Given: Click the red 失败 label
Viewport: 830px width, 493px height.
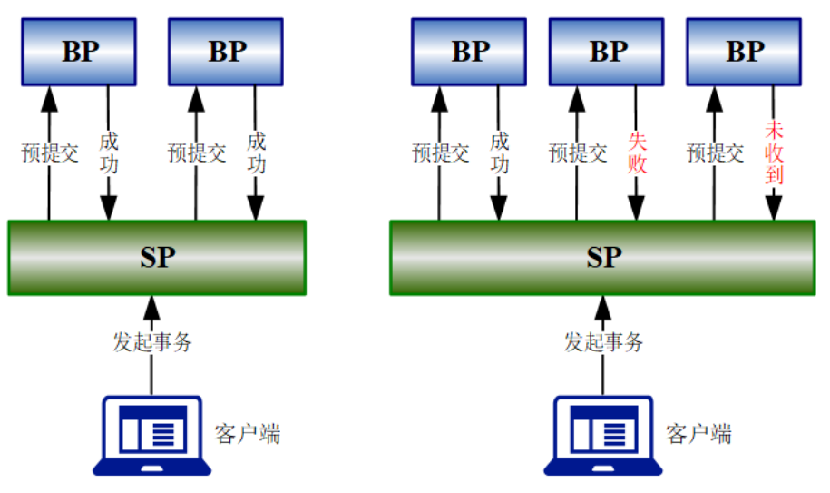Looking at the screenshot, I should pos(637,152).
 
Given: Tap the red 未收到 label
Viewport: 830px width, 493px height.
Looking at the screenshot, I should pos(774,152).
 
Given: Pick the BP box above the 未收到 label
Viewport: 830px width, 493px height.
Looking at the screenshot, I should pos(745,52).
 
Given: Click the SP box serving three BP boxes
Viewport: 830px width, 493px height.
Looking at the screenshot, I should pos(602,258).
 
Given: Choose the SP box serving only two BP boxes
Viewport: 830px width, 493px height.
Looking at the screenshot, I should pos(157,258).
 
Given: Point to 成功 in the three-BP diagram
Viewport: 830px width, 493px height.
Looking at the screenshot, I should pos(500,152).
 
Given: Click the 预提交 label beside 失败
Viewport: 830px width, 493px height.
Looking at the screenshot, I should pos(578,153).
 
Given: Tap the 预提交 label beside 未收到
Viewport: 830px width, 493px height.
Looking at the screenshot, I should pos(716,153).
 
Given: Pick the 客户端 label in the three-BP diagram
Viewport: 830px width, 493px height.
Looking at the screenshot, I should pos(698,434).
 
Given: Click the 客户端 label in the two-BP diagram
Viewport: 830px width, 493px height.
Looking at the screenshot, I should pos(248,434).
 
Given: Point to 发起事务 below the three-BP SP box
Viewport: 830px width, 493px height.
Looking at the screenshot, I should pos(604,342).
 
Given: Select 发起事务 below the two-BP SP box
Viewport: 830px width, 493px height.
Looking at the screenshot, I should pos(152,342).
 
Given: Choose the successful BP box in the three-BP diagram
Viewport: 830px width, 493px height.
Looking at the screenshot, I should pos(470,52).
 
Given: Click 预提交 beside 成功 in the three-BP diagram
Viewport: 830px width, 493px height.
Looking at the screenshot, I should pos(441,153).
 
